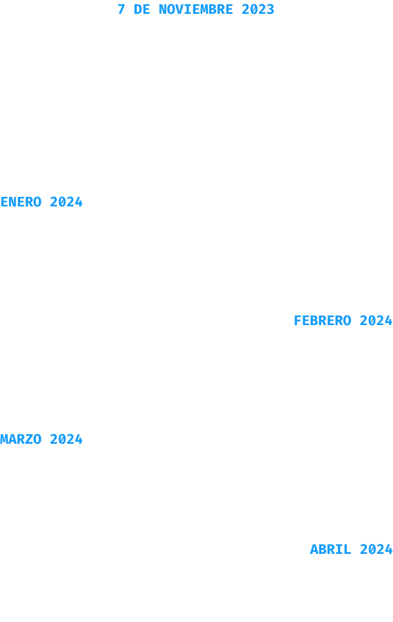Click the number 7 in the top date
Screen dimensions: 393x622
pos(121,9)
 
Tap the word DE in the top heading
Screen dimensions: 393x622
pos(142,9)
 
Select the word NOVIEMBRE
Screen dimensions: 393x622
pos(196,9)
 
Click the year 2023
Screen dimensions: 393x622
pos(258,9)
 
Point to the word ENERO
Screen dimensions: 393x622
pos(21,202)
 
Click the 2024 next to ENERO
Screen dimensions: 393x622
pos(66,202)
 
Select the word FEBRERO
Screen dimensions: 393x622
pos(322,320)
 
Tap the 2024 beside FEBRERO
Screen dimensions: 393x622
pos(376,320)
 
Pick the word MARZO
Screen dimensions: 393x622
pos(21,439)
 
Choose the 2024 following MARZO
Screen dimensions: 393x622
pos(66,439)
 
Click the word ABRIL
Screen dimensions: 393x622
pos(331,550)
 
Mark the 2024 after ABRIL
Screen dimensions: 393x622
pos(376,550)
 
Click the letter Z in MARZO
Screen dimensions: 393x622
pos(29,439)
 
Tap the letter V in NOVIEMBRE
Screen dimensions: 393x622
pos(179,9)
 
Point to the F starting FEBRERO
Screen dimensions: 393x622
pos(298,320)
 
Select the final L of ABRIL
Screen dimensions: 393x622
pos(347,550)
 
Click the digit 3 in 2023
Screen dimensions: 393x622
pos(271,9)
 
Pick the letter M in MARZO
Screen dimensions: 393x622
pos(4,439)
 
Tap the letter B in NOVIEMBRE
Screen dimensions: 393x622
pos(213,9)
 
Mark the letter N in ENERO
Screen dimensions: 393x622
pos(13,202)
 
